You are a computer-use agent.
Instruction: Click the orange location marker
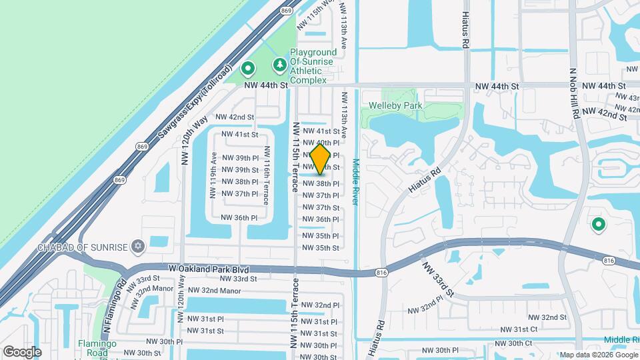320,159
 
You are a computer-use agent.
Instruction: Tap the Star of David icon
139,247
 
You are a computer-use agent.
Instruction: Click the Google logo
22,351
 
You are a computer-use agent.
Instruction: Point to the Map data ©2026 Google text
598,355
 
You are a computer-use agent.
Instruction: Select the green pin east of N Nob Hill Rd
599,225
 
